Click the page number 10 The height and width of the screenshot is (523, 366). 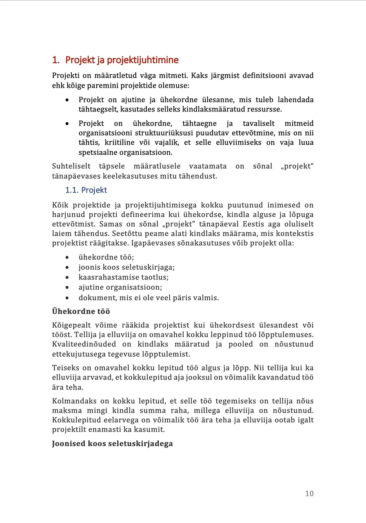(x=309, y=494)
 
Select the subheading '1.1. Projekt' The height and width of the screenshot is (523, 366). (x=86, y=190)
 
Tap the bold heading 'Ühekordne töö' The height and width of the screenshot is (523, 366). (x=81, y=311)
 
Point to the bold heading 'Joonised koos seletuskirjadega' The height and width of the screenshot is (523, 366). (x=113, y=443)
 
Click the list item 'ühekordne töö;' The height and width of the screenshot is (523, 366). (x=106, y=257)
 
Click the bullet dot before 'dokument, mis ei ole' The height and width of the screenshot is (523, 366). (x=67, y=297)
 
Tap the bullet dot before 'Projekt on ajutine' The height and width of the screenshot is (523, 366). (x=67, y=100)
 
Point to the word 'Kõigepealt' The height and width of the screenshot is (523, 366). (x=72, y=325)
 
